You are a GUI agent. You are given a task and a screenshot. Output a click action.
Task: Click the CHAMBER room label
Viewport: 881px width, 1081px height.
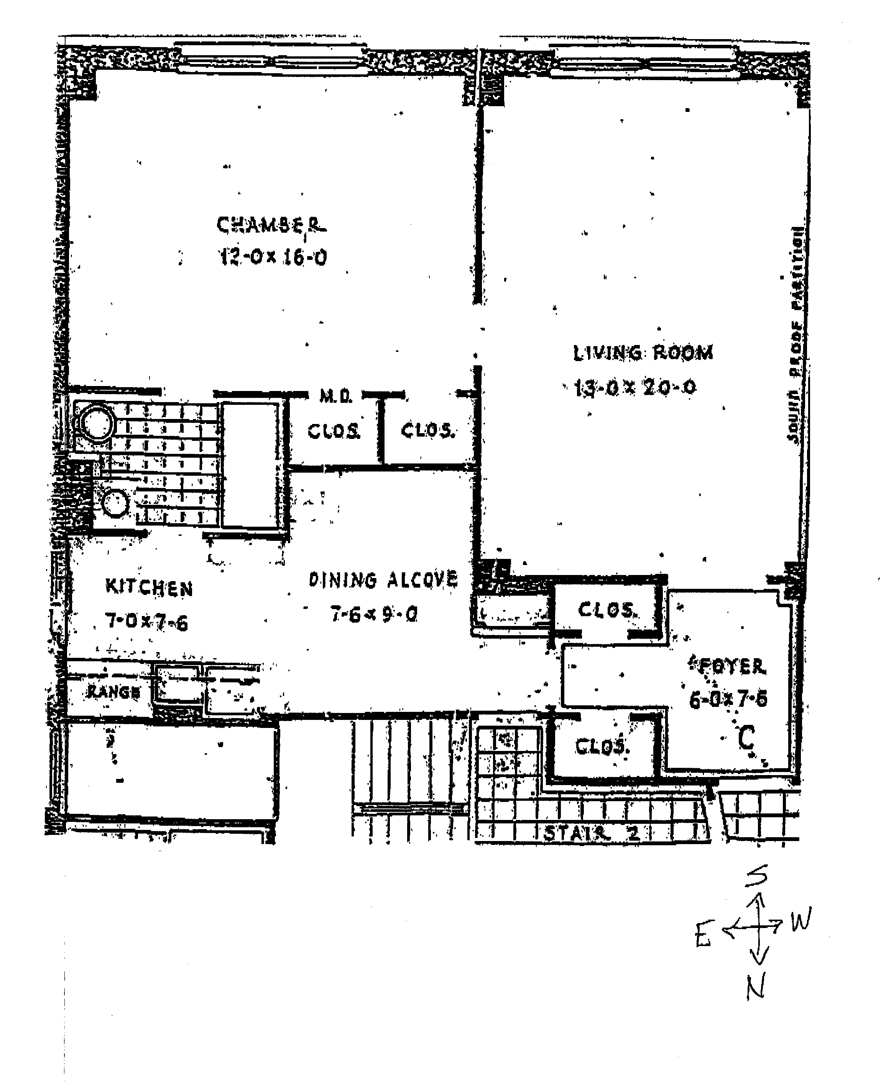tap(271, 225)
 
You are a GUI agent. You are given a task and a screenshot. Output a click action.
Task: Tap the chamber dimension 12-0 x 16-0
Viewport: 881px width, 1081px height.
tap(273, 257)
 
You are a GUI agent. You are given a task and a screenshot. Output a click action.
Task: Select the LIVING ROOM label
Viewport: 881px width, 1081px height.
tap(643, 353)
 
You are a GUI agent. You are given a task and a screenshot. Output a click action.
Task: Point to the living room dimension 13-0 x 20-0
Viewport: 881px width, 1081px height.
tap(635, 388)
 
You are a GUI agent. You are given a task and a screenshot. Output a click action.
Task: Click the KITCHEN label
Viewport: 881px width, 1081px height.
tap(149, 588)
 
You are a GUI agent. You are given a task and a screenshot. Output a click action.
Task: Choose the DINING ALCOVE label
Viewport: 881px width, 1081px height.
tap(383, 580)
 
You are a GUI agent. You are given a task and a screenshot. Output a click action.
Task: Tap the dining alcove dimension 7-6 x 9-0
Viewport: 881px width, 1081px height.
tap(374, 614)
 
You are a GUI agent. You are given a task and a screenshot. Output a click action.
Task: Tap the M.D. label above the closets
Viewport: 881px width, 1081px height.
tap(335, 396)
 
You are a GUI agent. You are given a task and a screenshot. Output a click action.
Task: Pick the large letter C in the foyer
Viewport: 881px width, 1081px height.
tap(746, 738)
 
